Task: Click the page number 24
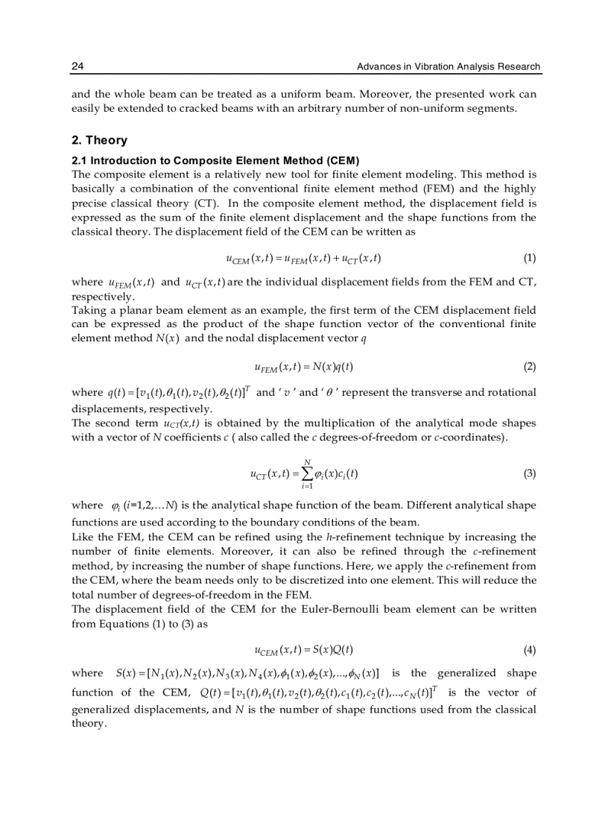coord(77,66)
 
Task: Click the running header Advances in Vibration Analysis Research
coord(449,66)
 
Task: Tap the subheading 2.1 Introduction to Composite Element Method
coord(215,161)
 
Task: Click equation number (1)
coord(529,258)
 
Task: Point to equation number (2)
coord(529,367)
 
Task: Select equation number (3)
coord(529,473)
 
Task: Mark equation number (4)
coord(529,649)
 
